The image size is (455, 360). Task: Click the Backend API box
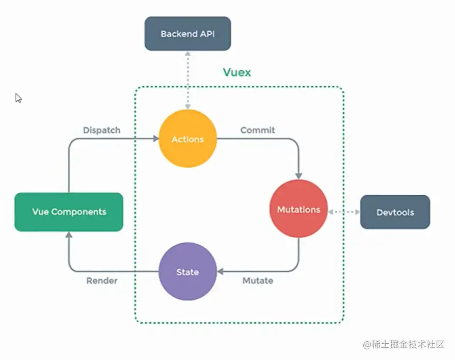(188, 34)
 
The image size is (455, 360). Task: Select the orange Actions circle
(188, 139)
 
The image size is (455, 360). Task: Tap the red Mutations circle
(299, 210)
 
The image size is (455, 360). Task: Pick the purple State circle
(188, 272)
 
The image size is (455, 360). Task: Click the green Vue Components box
(69, 212)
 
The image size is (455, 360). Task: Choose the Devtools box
(395, 212)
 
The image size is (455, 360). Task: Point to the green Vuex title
(237, 72)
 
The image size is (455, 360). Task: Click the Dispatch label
(102, 130)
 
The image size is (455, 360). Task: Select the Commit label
(257, 130)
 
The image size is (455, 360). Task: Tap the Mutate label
(258, 280)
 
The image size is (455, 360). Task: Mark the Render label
(102, 280)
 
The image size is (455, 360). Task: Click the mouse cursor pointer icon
(18, 97)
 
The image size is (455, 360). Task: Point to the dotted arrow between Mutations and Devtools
(344, 211)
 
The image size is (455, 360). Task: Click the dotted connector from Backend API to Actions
(188, 79)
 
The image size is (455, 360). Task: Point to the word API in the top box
(207, 34)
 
